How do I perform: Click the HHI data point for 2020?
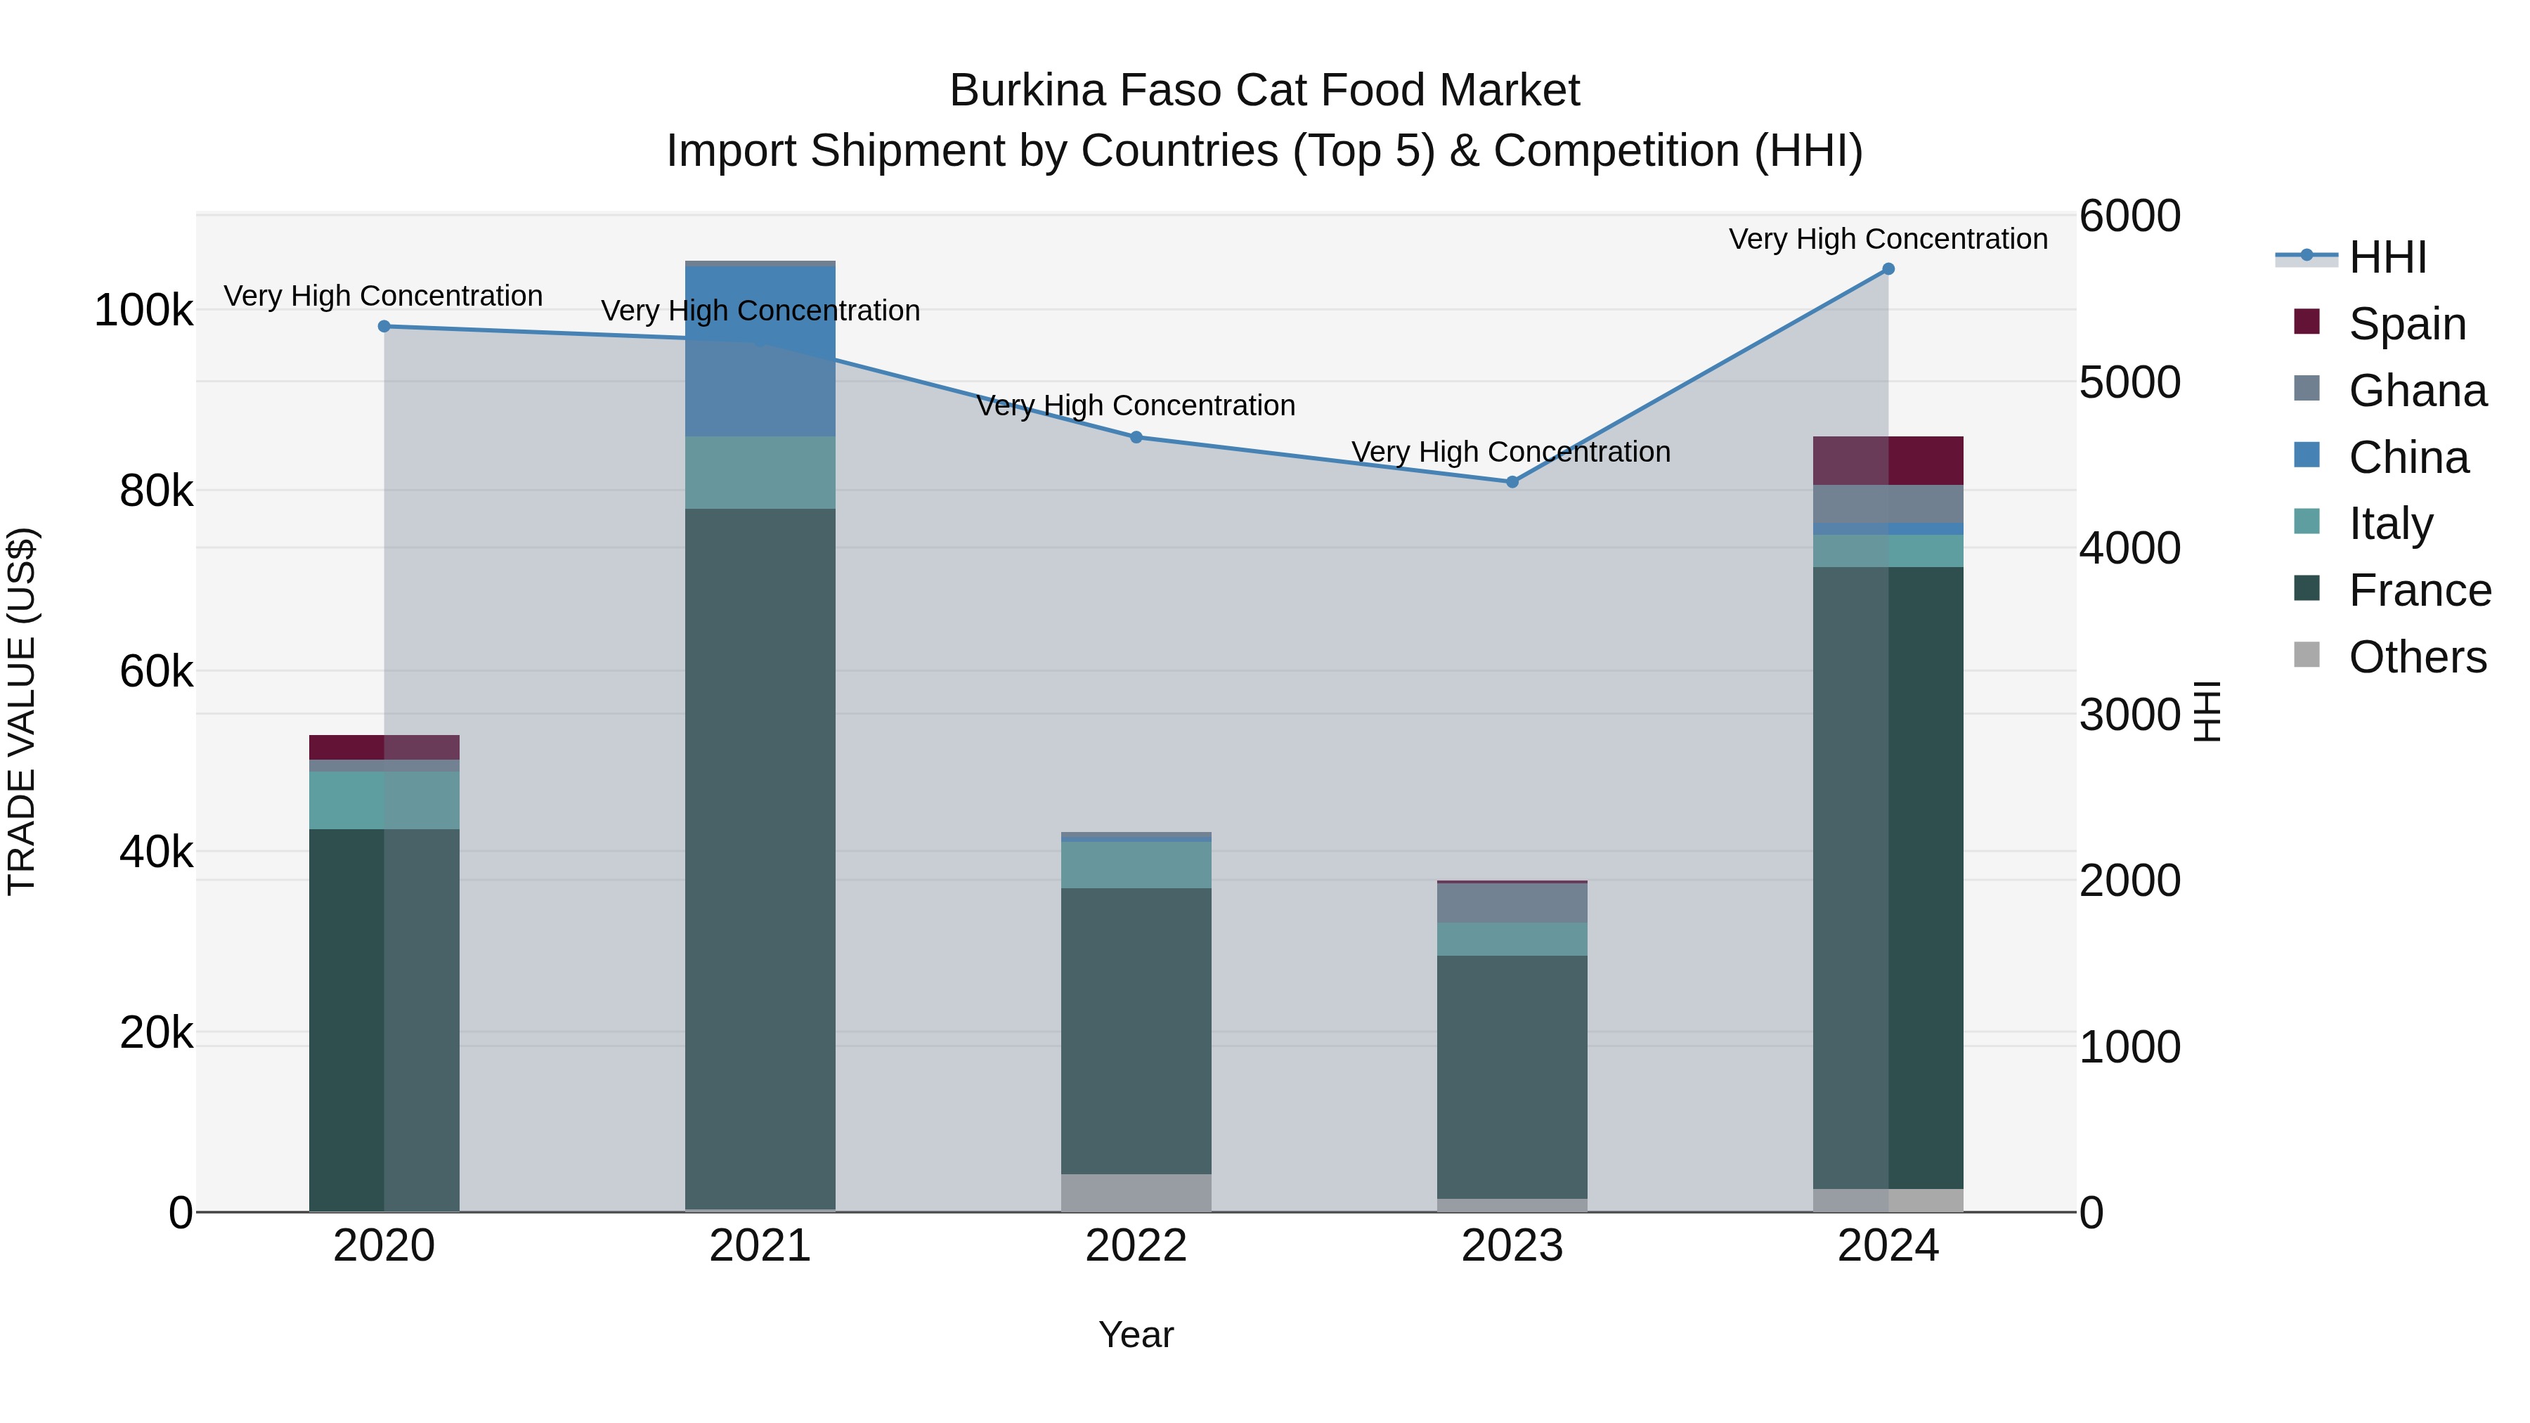pos(384,326)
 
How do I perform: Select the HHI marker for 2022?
pos(1136,437)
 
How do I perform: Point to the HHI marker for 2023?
pos(1512,482)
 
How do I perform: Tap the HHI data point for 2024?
pos(1888,269)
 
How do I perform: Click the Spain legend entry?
pos(2406,323)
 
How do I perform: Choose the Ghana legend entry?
pos(2416,390)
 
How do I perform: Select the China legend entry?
pos(2408,457)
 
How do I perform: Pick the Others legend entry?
pos(2416,657)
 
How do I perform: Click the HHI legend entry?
pos(2387,257)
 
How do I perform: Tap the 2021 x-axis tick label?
pos(760,1246)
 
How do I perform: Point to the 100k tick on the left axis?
pos(143,311)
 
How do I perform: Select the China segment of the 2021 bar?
pos(760,351)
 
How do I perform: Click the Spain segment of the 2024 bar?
pos(1888,460)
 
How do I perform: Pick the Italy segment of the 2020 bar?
pos(384,800)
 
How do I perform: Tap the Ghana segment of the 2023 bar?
pos(1512,902)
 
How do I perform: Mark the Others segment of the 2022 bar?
pos(1136,1193)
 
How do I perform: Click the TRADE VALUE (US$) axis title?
pos(22,711)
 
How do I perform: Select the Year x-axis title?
pos(1136,1334)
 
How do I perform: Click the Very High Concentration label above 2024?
pos(1888,239)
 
